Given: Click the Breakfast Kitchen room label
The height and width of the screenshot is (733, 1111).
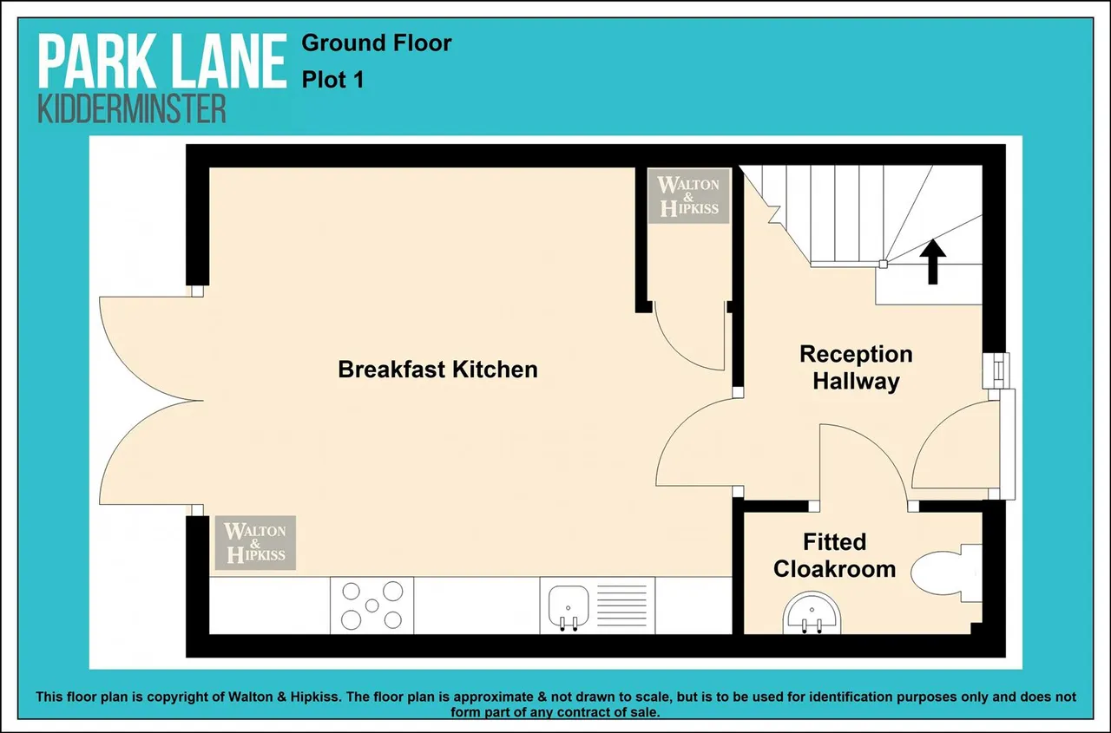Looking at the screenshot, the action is click(438, 370).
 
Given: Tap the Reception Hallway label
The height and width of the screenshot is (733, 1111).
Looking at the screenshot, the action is click(856, 368).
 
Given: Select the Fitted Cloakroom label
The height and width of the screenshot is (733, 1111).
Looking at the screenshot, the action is click(835, 555).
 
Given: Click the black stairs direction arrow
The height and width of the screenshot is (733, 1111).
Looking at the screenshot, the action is click(933, 262).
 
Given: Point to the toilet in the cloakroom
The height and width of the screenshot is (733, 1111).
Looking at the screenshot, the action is click(946, 573).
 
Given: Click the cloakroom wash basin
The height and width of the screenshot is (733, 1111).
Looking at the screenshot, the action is click(812, 613).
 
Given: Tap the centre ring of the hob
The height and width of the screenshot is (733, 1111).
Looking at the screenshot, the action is click(372, 605).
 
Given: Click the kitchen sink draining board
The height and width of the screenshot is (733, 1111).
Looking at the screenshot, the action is click(622, 606).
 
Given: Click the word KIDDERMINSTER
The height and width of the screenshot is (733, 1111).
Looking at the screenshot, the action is click(132, 109).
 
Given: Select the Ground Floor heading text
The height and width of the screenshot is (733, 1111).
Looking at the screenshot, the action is click(377, 43).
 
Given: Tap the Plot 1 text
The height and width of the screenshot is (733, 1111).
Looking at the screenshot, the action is click(332, 80).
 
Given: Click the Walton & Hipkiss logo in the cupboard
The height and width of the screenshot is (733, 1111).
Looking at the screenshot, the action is click(689, 196).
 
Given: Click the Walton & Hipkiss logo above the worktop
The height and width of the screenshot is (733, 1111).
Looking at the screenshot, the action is click(255, 543).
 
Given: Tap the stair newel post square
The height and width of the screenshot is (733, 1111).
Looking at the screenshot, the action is click(884, 265).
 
